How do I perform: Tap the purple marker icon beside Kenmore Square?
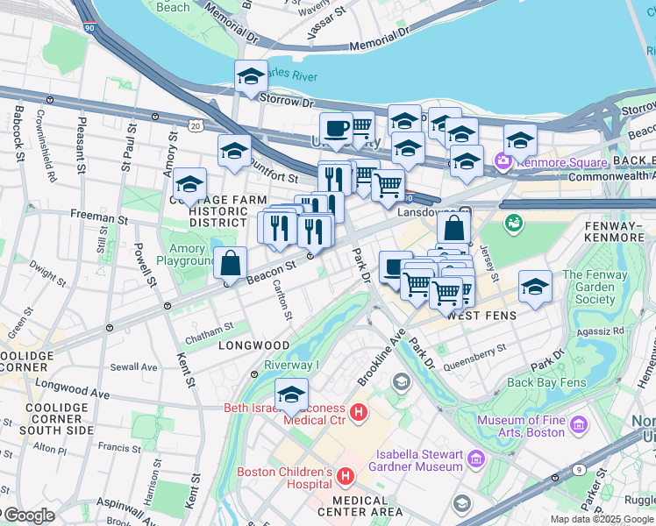[x=503, y=161]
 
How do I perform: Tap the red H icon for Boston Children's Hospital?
[x=346, y=477]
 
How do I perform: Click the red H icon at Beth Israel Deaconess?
[x=357, y=411]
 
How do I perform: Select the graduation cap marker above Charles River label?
[x=251, y=76]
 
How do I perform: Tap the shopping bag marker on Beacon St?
[x=230, y=262]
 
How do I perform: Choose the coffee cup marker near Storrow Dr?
[x=336, y=129]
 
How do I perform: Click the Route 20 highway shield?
[x=195, y=126]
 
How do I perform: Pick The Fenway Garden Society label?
[x=595, y=287]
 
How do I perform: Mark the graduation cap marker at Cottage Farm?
[x=189, y=184]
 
